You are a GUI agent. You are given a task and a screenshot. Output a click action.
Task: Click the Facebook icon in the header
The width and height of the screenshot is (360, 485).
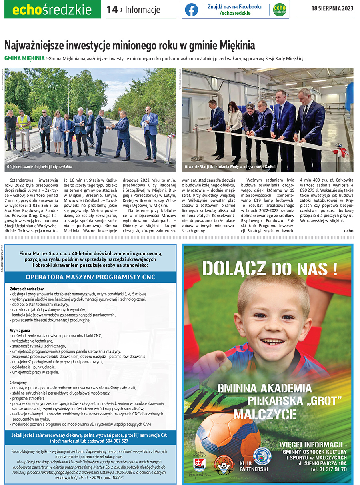pyautogui.click(x=192, y=10)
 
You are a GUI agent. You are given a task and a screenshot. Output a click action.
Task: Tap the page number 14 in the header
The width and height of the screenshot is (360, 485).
pyautogui.click(x=112, y=10)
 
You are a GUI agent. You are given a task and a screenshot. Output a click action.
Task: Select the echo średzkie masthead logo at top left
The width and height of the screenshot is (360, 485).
pyautogui.click(x=52, y=10)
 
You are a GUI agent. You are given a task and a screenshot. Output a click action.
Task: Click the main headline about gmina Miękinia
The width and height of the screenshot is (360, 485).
pyautogui.click(x=130, y=45)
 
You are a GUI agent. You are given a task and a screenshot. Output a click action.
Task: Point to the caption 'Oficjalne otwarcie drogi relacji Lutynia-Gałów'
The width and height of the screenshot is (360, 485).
pyautogui.click(x=40, y=166)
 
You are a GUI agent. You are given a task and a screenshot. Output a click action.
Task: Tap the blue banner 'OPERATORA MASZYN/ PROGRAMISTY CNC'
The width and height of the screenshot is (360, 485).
pyautogui.click(x=90, y=277)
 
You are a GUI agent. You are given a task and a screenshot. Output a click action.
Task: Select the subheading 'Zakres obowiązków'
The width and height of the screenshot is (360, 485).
pyautogui.click(x=26, y=289)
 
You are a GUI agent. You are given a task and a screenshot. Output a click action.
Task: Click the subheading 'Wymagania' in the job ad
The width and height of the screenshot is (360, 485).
pyautogui.click(x=20, y=330)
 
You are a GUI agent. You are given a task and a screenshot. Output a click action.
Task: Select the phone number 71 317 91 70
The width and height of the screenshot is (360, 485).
pyautogui.click(x=329, y=469)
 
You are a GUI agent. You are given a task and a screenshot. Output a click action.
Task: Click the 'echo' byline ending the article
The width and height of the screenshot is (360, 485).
pyautogui.click(x=348, y=230)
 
